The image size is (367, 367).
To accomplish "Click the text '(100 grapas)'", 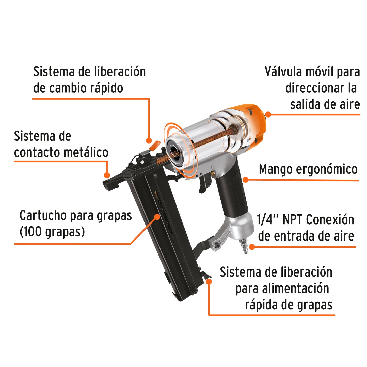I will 52,232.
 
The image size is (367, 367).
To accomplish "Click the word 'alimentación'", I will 295,289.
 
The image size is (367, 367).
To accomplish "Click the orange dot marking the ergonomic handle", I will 245,180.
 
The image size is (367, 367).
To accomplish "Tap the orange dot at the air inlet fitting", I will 252,247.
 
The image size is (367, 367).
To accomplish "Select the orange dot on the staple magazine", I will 157,217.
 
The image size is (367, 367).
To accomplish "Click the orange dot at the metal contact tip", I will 107,175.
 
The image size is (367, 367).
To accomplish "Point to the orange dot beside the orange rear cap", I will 268,114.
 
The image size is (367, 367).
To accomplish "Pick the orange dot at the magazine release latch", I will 209,281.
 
